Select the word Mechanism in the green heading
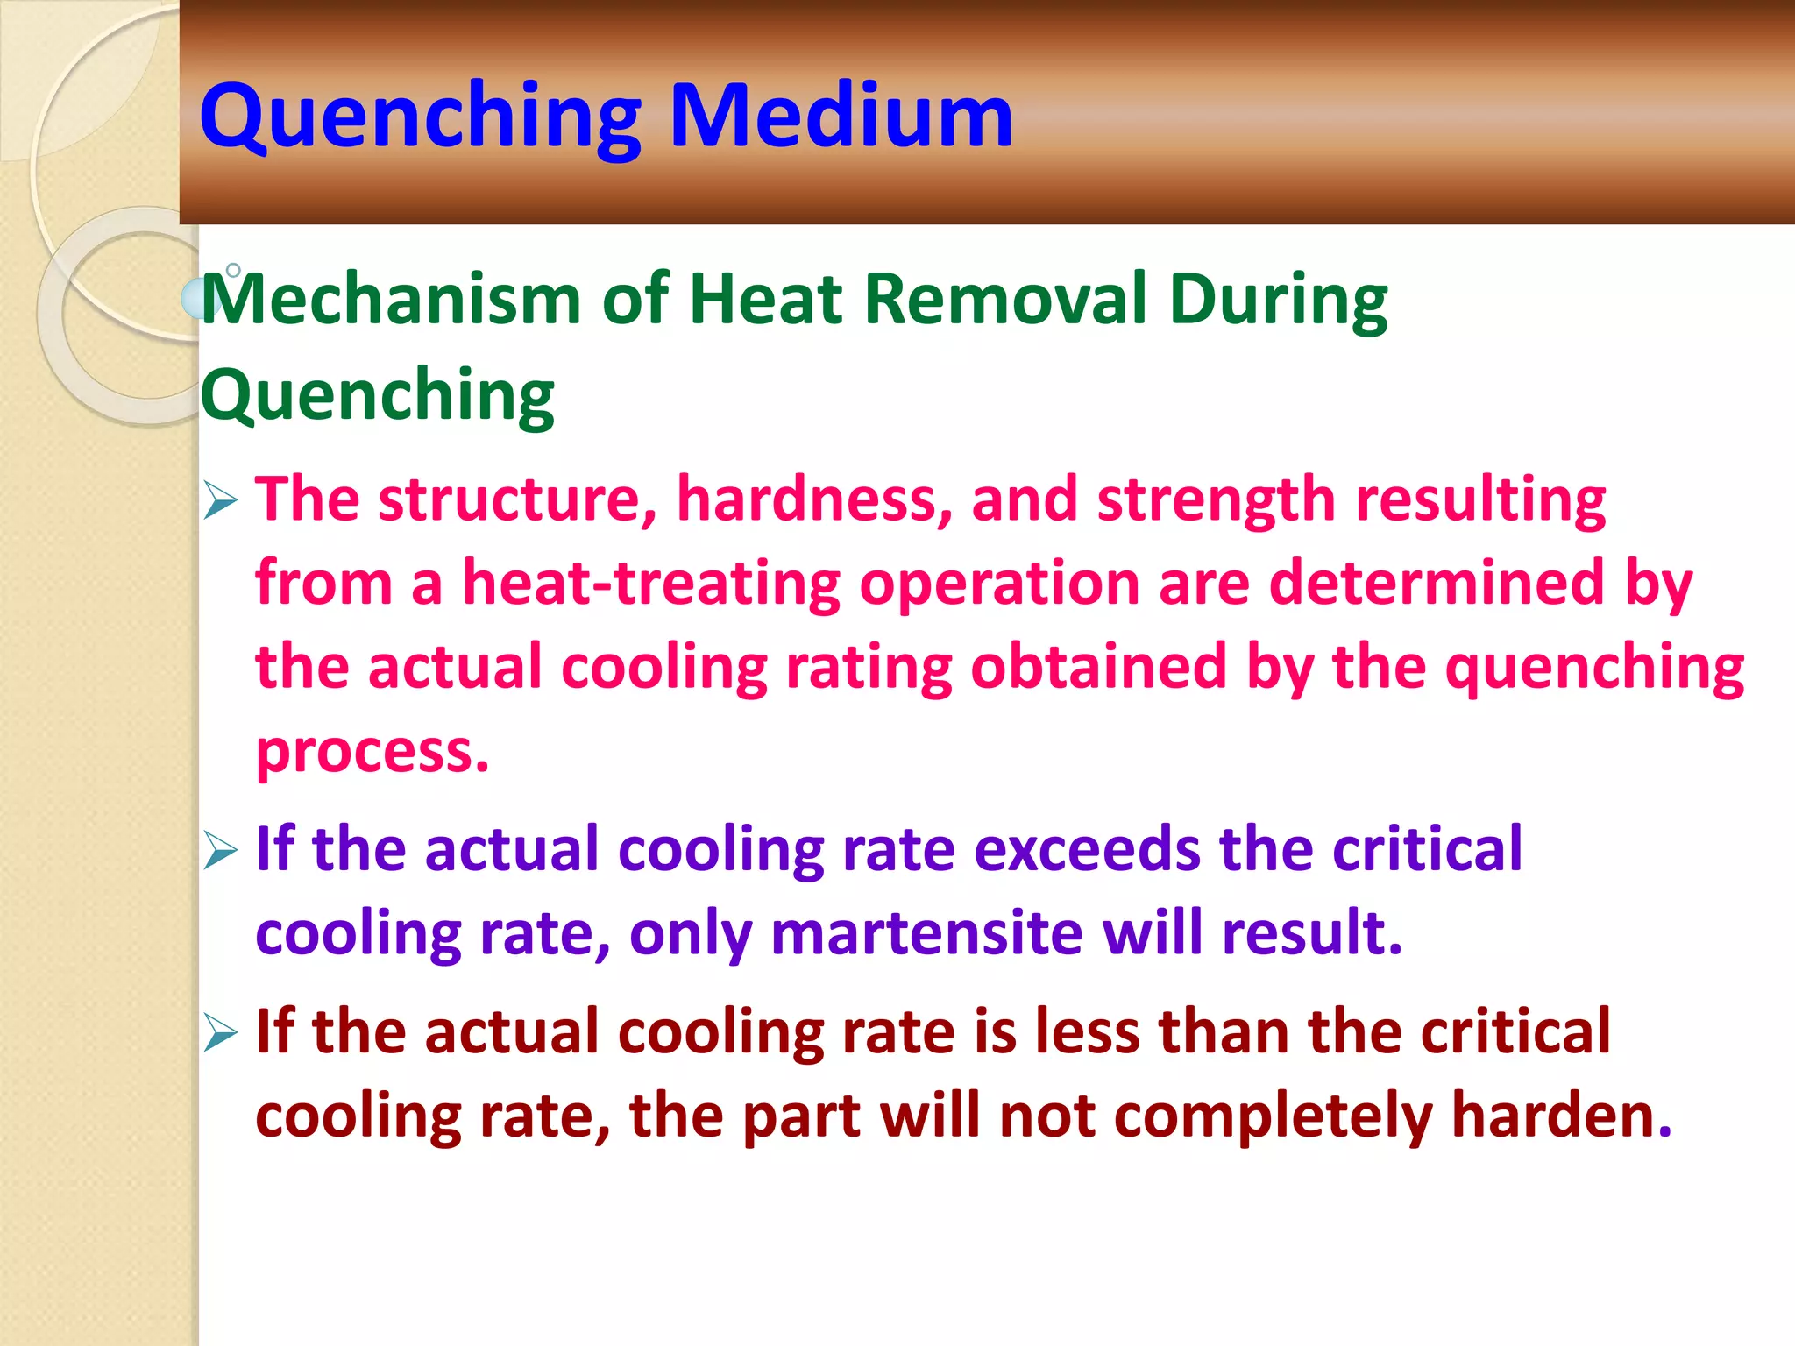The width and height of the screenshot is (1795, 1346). [391, 299]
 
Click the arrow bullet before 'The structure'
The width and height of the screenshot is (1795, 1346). [220, 500]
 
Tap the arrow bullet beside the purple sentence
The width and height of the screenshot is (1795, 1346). [220, 850]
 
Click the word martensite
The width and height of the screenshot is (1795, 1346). [926, 932]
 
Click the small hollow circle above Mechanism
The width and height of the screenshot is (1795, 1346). [233, 270]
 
